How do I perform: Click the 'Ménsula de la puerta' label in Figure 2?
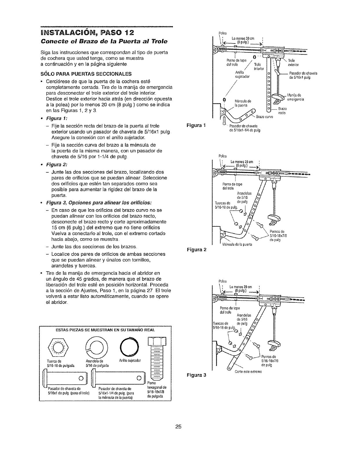pos(237,244)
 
